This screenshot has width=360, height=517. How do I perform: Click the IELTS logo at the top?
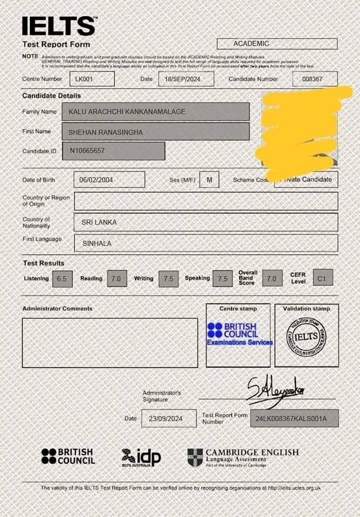(58, 26)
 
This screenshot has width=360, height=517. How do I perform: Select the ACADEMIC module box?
(277, 44)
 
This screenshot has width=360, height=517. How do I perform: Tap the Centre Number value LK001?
(92, 79)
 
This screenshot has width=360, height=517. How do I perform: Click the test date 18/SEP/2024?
(186, 79)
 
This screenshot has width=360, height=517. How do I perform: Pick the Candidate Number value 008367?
(315, 79)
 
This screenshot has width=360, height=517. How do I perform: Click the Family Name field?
(156, 111)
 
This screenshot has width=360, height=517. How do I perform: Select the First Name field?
(156, 131)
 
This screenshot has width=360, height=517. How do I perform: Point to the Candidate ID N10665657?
(113, 151)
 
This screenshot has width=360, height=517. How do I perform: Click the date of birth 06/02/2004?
(109, 179)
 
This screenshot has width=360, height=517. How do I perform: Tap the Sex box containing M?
(209, 179)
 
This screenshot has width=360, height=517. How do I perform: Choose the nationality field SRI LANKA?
(206, 222)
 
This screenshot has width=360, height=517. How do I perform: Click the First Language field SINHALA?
(206, 243)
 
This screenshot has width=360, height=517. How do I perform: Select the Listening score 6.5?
(62, 278)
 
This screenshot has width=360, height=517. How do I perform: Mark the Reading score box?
(117, 278)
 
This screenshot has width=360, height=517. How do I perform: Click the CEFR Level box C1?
(323, 277)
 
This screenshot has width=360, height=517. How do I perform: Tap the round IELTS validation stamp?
(306, 337)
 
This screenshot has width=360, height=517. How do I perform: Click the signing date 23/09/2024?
(169, 418)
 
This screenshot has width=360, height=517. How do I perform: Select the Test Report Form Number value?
(294, 418)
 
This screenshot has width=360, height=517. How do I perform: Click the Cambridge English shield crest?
(195, 457)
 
